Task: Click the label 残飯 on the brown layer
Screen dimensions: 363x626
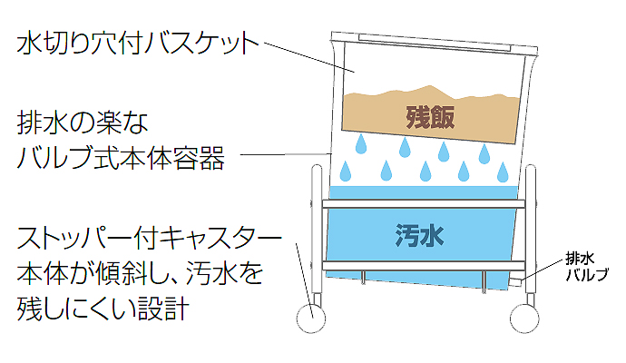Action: coord(429,116)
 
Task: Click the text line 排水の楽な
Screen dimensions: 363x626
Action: coord(82,123)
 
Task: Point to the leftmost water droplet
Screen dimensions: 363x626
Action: coord(346,171)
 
